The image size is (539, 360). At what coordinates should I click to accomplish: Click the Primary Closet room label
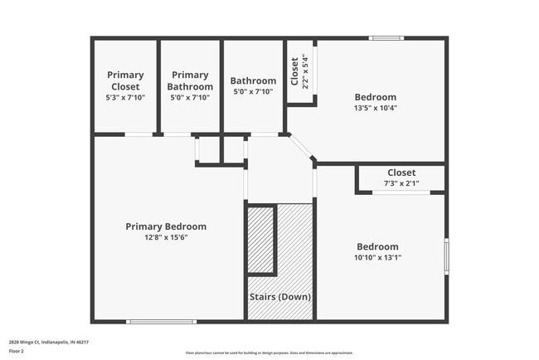tap(125, 80)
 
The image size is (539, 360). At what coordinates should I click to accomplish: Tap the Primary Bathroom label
tap(190, 80)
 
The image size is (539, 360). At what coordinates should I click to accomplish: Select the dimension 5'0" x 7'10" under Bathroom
tap(253, 92)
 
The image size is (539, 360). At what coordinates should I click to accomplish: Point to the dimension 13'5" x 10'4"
tap(375, 107)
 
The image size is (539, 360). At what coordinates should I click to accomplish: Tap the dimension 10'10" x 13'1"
tap(377, 257)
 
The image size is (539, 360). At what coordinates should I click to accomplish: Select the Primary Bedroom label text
tap(166, 226)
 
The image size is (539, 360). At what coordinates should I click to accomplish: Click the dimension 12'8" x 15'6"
tap(166, 238)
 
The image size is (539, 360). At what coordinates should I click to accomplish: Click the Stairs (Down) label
tap(280, 297)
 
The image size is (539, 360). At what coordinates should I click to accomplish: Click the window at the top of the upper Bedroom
tap(386, 37)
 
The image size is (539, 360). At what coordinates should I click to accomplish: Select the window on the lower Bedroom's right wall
tap(446, 255)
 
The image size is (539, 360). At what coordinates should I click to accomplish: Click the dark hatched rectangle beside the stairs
tap(262, 240)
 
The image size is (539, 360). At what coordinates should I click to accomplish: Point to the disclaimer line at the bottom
tap(269, 353)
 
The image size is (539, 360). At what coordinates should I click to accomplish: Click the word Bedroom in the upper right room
tap(375, 96)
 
